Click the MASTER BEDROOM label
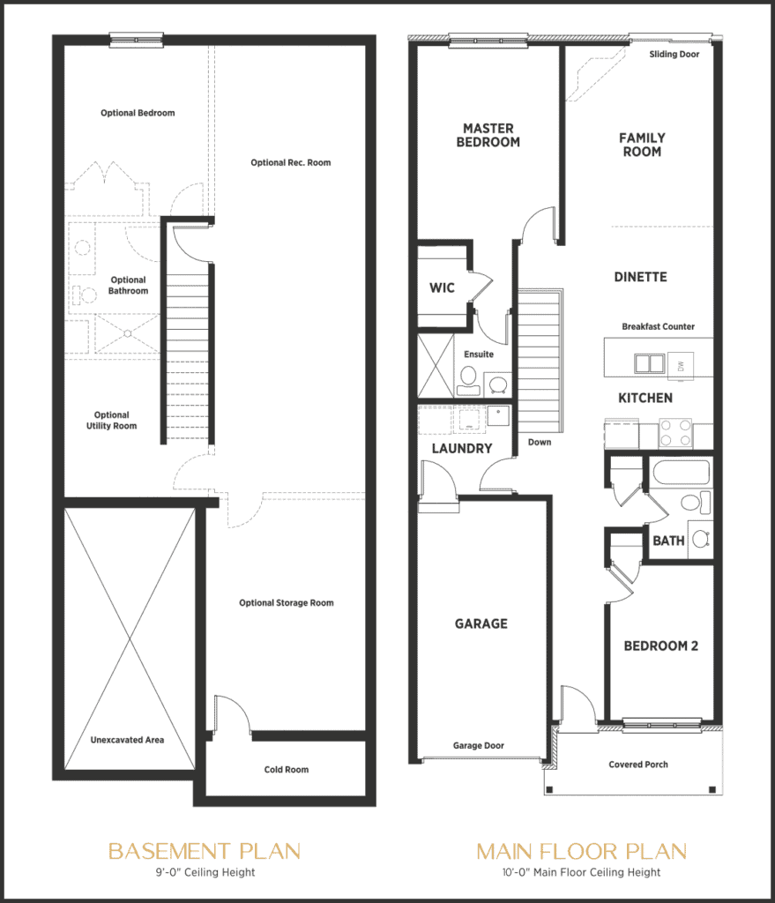point(488,135)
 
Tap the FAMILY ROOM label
point(642,145)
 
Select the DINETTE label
point(640,277)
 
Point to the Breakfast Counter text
point(658,326)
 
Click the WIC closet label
point(442,288)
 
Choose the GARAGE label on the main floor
point(481,623)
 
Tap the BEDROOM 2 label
point(660,646)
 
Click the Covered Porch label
point(638,765)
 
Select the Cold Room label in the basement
point(287,770)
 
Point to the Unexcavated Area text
point(127,740)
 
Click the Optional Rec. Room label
point(291,162)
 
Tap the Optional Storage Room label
point(287,603)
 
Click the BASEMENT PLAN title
point(204,851)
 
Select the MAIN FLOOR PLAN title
point(581,851)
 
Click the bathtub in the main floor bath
point(681,473)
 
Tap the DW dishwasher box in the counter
point(680,362)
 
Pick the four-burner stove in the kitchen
point(675,433)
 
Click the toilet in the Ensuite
point(467,380)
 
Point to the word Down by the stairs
point(540,442)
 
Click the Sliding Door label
point(674,55)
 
